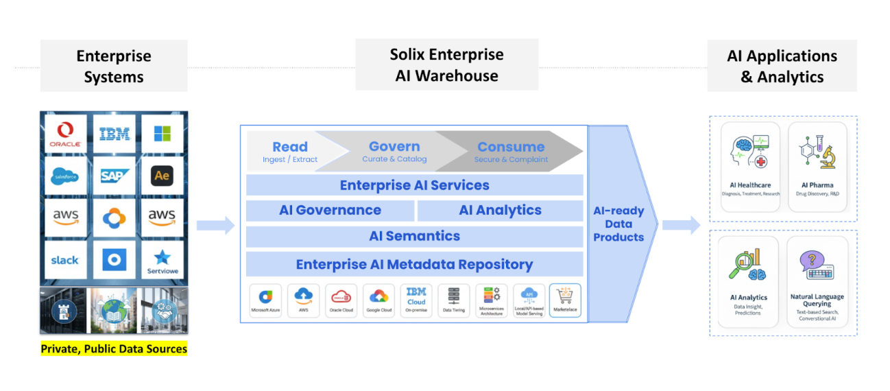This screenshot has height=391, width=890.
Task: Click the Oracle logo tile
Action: pyautogui.click(x=66, y=134)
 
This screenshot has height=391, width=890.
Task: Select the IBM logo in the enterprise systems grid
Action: pyautogui.click(x=114, y=134)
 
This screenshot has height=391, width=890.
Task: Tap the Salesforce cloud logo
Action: pyautogui.click(x=66, y=176)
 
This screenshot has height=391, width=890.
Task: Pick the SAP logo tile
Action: pyautogui.click(x=114, y=176)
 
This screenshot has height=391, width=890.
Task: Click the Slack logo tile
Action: pyautogui.click(x=66, y=260)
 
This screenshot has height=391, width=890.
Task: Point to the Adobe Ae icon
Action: pyautogui.click(x=162, y=176)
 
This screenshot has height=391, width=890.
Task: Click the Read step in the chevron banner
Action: pyautogui.click(x=290, y=151)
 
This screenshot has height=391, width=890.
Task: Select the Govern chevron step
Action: pyautogui.click(x=394, y=151)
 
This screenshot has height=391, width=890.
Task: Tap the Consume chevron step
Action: pyautogui.click(x=511, y=151)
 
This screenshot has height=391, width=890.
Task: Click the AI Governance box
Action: pyautogui.click(x=330, y=211)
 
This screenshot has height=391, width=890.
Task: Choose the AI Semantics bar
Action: pyautogui.click(x=414, y=236)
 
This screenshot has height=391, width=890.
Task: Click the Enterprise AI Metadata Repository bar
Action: pyautogui.click(x=414, y=265)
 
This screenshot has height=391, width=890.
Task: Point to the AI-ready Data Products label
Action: pyautogui.click(x=618, y=224)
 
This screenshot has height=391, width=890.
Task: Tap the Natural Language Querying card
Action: pyautogui.click(x=817, y=281)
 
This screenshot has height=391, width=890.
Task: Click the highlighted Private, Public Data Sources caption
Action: pyautogui.click(x=114, y=349)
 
